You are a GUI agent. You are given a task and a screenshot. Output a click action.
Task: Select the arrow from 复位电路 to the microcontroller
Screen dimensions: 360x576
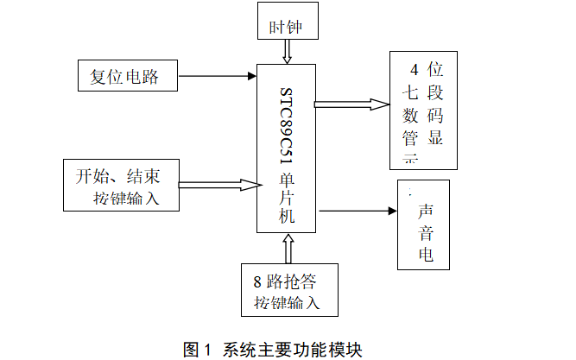point(216,77)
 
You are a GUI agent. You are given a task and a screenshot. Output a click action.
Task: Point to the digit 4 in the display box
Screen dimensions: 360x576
point(413,68)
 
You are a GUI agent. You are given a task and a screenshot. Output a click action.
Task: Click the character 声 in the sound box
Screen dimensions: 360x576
point(425,212)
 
